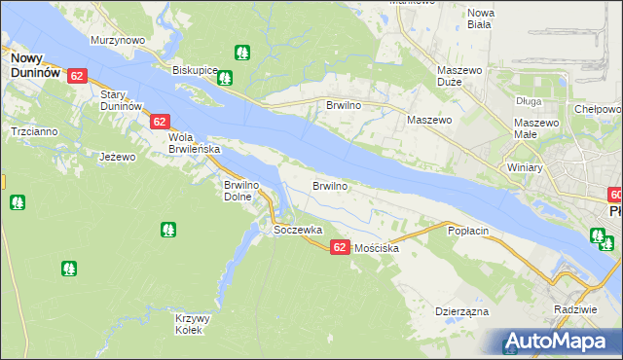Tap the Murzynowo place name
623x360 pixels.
point(118,40)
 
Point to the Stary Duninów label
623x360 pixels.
point(122,99)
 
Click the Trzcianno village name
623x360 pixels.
point(34,130)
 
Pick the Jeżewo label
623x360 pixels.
point(118,156)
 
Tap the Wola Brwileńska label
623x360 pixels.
point(195,144)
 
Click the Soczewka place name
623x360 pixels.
point(298,230)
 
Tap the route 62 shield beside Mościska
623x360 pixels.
point(340,248)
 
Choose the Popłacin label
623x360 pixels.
point(467,231)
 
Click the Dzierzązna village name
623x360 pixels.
point(461,312)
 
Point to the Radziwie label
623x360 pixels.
point(572,308)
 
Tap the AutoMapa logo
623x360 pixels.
point(561,342)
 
